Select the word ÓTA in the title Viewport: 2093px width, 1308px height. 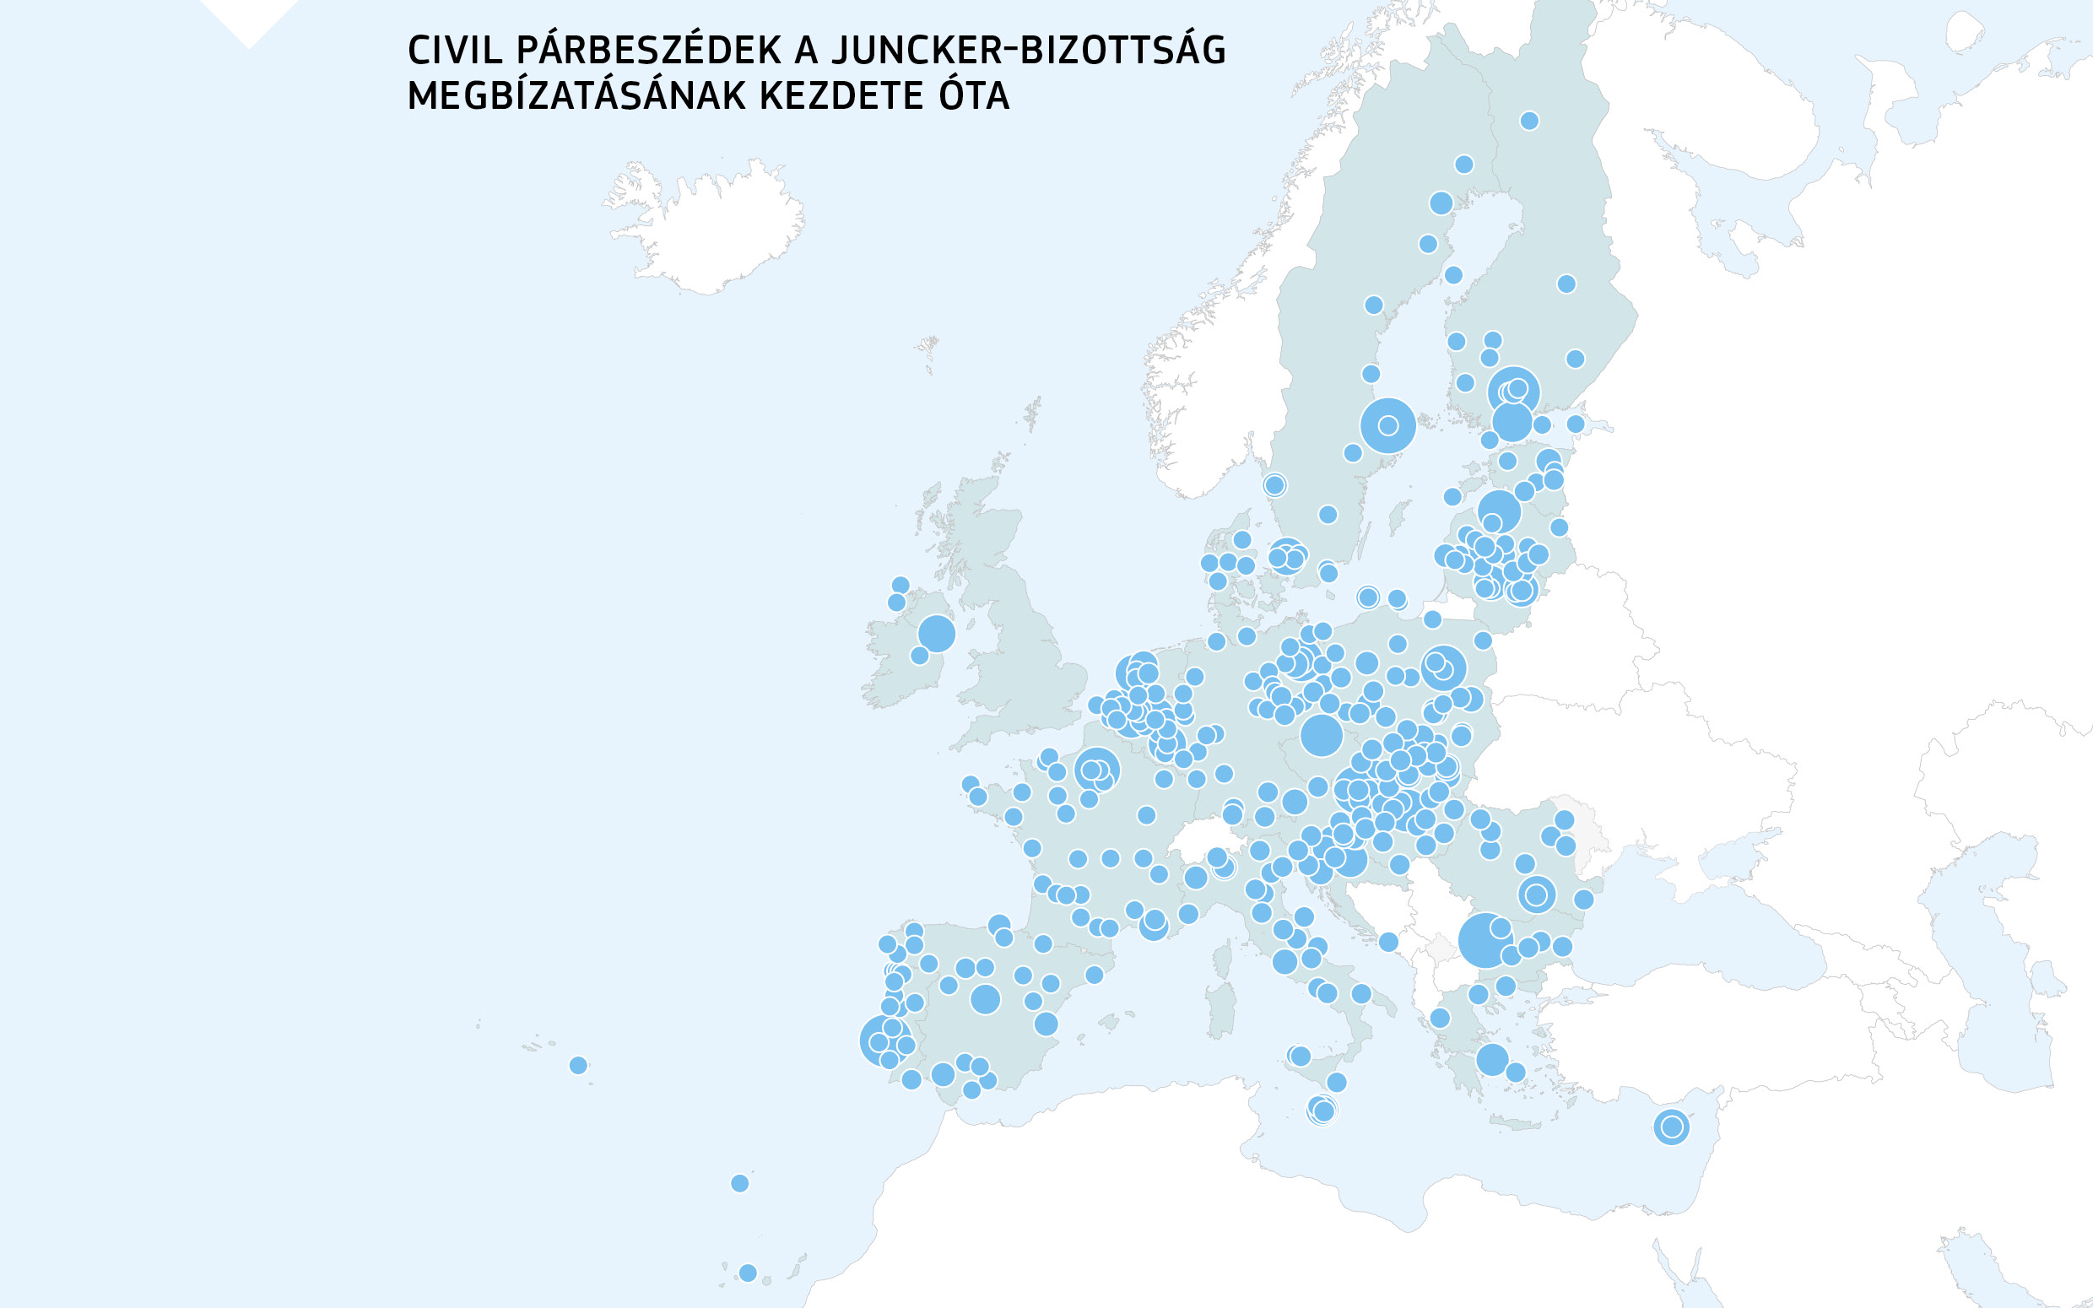coord(974,96)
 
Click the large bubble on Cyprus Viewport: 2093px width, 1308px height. coord(1671,1127)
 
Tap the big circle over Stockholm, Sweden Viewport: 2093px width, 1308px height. coord(1387,424)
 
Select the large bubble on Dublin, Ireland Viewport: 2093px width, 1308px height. coord(936,633)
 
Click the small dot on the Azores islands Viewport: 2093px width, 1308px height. coord(579,1065)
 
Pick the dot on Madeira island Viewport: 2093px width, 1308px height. coord(739,1182)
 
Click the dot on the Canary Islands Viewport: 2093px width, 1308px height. coord(748,1273)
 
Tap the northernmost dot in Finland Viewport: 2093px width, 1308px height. coord(1529,120)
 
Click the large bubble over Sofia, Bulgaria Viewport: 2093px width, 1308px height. coord(1485,940)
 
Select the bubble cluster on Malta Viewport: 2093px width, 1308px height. coord(1322,1110)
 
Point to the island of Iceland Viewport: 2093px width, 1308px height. coord(705,225)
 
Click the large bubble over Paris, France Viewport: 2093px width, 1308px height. coord(1096,769)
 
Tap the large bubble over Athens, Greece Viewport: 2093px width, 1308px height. coord(1492,1059)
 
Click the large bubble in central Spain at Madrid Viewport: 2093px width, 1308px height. coord(985,999)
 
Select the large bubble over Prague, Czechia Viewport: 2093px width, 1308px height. coord(1321,735)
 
